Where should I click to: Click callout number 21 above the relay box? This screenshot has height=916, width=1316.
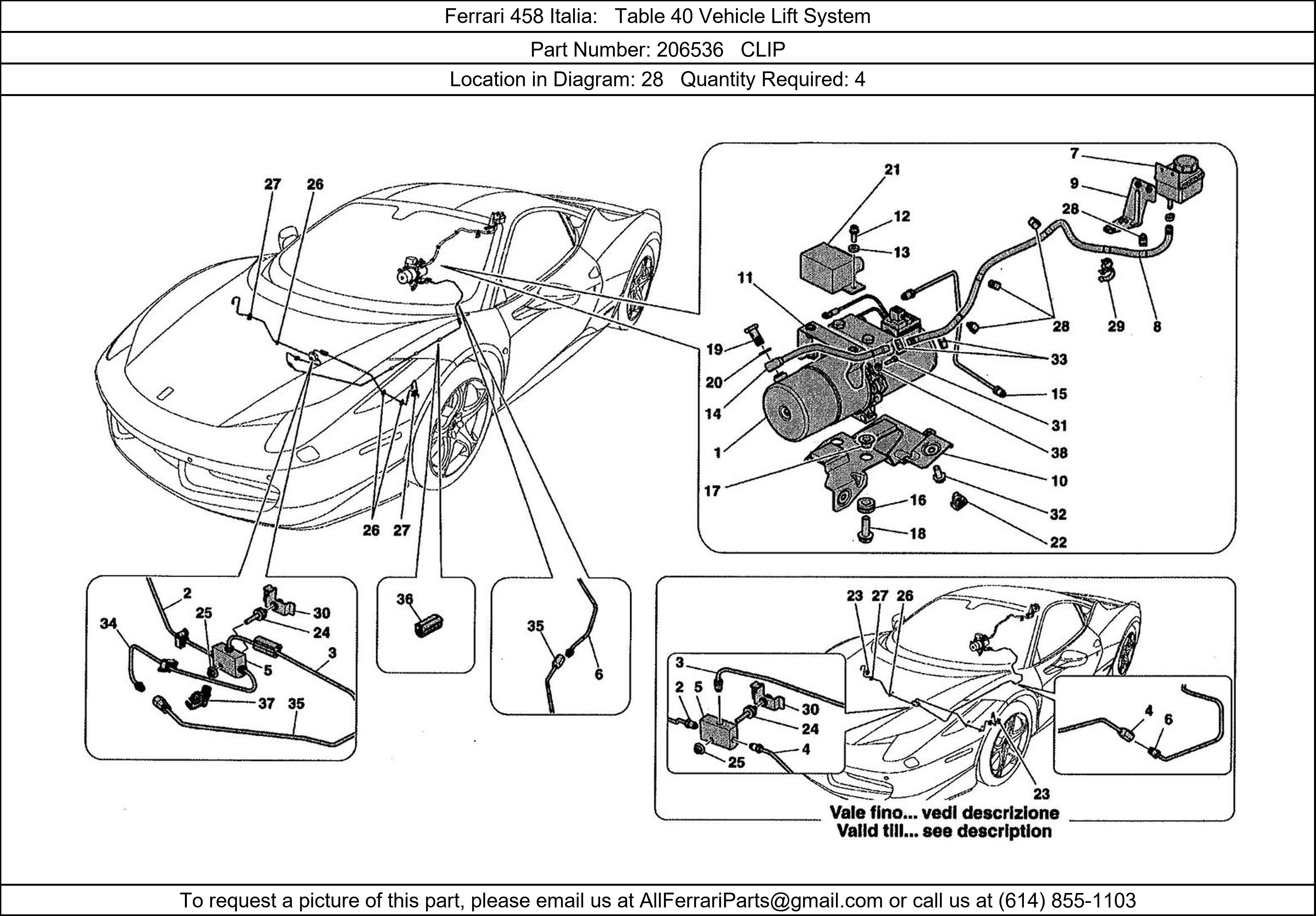coord(892,170)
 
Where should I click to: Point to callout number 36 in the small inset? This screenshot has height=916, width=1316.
coord(405,599)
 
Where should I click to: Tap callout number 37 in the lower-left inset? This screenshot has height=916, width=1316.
coord(266,703)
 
